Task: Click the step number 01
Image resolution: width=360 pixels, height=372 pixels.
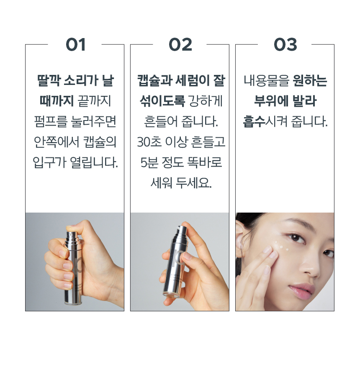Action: click(x=75, y=45)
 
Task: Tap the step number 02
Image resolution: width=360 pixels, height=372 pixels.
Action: click(x=180, y=45)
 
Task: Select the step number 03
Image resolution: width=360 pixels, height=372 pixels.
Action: click(x=285, y=45)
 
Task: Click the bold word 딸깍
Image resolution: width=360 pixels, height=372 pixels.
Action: click(x=49, y=80)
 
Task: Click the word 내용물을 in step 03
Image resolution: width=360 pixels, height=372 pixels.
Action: click(x=267, y=80)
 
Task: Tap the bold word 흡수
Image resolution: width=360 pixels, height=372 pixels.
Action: click(x=254, y=121)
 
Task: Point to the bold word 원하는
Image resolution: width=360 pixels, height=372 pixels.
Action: click(x=310, y=80)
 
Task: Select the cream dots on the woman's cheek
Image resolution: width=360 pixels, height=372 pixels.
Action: click(x=281, y=246)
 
